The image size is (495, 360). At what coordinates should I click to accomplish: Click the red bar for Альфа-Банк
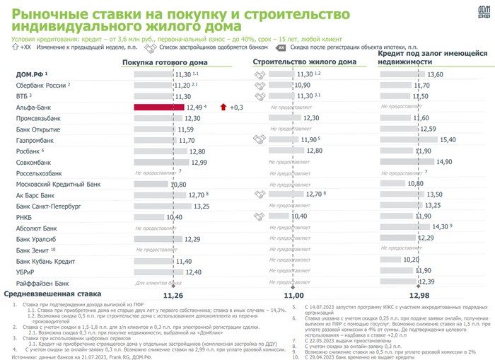point(159,107)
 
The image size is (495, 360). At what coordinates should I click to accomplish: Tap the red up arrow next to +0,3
point(223,107)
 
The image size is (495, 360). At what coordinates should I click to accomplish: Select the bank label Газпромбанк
point(33,140)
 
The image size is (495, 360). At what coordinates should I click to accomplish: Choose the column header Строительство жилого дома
point(305,62)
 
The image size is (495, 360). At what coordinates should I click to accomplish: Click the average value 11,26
point(173,294)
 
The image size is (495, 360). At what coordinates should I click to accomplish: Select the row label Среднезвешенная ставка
point(53,294)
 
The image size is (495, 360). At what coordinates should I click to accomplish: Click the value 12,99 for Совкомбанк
point(199,162)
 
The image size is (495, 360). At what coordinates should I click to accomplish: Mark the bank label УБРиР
point(26,271)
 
